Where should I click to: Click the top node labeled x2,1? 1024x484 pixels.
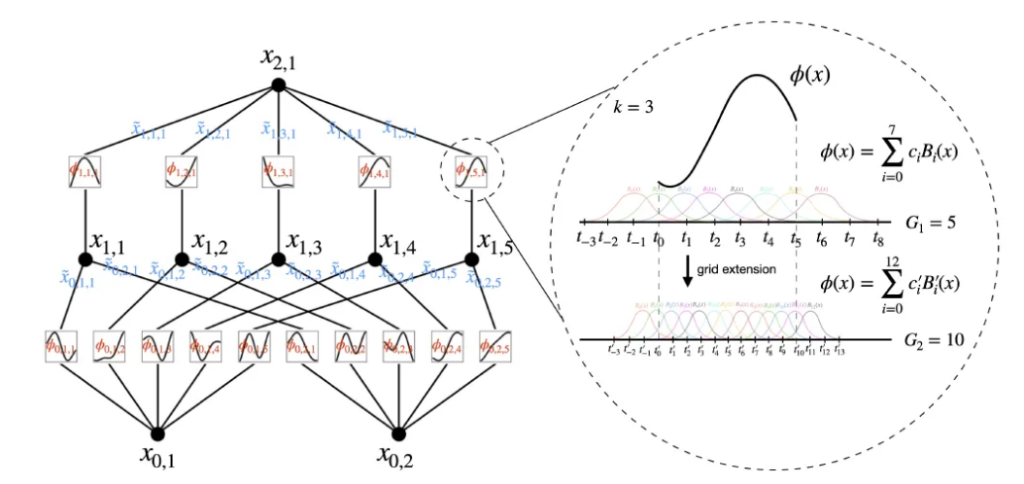click(x=279, y=85)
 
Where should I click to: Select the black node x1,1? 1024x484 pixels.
click(x=85, y=259)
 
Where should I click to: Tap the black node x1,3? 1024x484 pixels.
click(x=279, y=259)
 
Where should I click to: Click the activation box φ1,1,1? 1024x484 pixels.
click(x=85, y=171)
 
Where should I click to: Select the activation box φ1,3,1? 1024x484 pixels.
click(x=279, y=171)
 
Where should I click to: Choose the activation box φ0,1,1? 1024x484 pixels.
click(x=60, y=345)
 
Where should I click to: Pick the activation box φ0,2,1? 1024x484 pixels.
click(x=302, y=345)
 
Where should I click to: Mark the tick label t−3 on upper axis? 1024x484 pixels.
click(x=586, y=237)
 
